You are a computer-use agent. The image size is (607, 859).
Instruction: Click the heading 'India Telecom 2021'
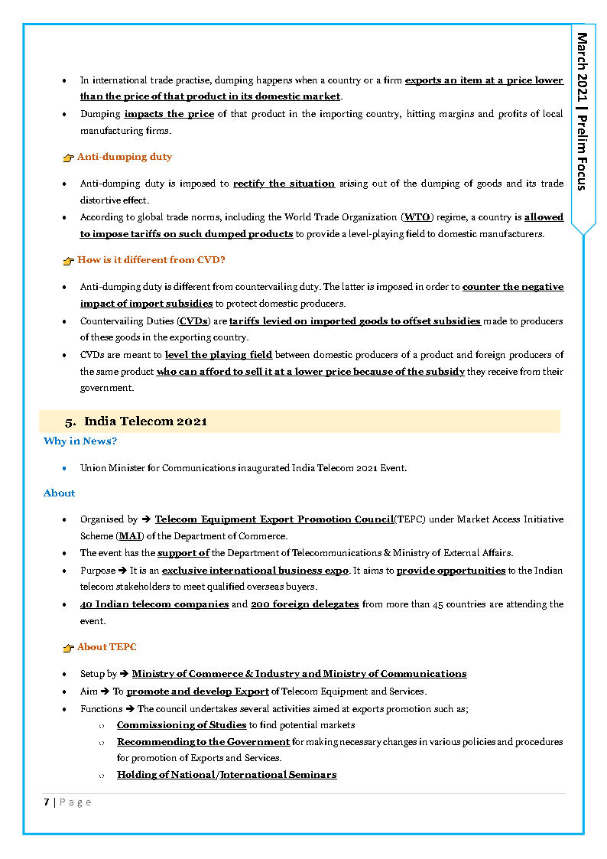[145, 421]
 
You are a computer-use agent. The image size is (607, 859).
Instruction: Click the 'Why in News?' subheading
[80, 441]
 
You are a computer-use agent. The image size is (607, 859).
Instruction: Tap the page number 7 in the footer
[47, 802]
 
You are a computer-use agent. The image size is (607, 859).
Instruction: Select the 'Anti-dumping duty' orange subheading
[124, 157]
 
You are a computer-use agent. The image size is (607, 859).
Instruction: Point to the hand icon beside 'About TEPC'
[68, 648]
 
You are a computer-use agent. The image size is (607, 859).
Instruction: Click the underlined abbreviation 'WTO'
[417, 217]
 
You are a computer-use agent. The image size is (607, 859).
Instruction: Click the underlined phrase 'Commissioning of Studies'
[181, 724]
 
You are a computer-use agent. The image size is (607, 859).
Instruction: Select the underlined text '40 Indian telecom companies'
[154, 604]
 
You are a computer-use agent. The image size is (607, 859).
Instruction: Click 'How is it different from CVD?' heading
[151, 260]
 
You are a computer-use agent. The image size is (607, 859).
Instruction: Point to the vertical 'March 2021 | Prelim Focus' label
[583, 111]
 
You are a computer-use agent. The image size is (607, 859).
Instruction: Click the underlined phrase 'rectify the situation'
[284, 184]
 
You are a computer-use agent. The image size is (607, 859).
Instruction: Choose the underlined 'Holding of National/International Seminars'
[226, 775]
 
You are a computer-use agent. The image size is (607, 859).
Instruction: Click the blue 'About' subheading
[59, 493]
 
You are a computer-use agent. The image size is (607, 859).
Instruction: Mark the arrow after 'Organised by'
[146, 519]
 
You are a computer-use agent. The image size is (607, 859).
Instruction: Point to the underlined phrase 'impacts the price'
[169, 114]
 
